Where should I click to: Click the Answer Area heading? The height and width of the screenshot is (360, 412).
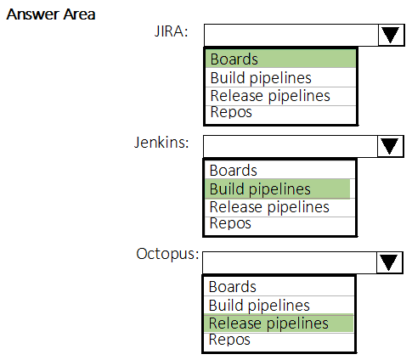(x=51, y=14)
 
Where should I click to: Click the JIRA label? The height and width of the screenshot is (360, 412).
(x=171, y=31)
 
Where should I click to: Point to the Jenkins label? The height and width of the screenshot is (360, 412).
(x=161, y=143)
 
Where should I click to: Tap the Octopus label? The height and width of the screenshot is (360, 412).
(x=167, y=254)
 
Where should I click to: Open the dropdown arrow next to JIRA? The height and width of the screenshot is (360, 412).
(x=391, y=35)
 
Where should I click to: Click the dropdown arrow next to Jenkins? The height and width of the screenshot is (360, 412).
(x=390, y=146)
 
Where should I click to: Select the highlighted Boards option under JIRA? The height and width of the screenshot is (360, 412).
(x=234, y=59)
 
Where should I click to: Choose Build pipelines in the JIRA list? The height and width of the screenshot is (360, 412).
(x=261, y=78)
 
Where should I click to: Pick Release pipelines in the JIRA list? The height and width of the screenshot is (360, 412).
(x=270, y=96)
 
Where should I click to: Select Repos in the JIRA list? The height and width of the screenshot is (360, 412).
(x=231, y=112)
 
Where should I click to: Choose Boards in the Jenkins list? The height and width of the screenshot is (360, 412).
(x=234, y=171)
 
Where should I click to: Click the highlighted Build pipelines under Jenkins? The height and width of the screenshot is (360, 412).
(x=260, y=189)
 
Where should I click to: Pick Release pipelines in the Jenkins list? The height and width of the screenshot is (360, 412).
(x=269, y=207)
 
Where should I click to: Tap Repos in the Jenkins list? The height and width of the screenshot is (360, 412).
(x=230, y=223)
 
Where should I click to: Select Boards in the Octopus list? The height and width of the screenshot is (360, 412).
(x=233, y=287)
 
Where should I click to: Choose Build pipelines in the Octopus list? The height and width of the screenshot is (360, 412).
(x=259, y=306)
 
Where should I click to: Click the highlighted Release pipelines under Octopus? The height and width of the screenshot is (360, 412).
(x=268, y=323)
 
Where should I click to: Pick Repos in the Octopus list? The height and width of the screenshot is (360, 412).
(x=229, y=340)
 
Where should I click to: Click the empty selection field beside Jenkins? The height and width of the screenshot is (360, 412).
(x=291, y=146)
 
